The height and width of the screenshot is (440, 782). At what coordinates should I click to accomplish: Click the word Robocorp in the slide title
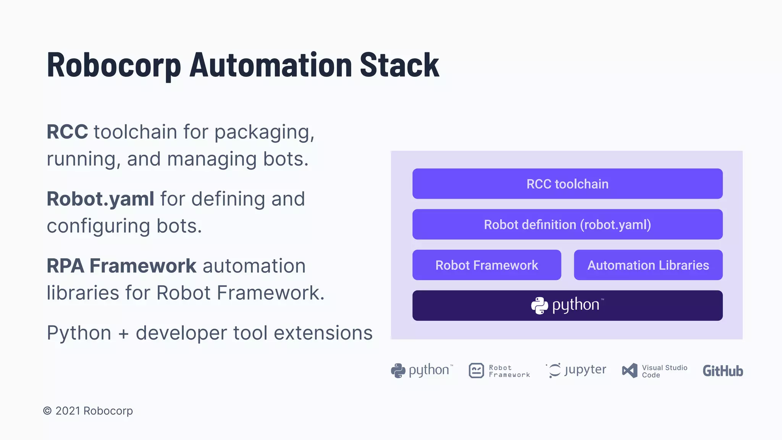tap(114, 66)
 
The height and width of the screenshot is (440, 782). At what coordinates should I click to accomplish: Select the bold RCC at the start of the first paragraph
tap(67, 132)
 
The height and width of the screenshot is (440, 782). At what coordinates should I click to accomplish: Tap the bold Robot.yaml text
tap(100, 199)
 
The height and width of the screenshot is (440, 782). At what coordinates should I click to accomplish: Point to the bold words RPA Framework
tap(121, 266)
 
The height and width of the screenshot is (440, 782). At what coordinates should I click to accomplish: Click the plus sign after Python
tap(123, 333)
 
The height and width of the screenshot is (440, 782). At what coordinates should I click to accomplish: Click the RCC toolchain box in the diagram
tap(567, 184)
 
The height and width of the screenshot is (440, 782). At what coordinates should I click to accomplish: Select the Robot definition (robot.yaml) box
tap(567, 224)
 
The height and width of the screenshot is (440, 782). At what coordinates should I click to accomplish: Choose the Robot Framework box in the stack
tap(486, 265)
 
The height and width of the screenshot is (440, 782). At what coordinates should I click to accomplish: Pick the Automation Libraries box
tap(648, 265)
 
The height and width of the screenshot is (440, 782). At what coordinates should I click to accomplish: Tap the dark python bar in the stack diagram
tap(649, 306)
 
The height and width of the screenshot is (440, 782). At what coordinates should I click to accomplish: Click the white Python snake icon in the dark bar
tap(540, 306)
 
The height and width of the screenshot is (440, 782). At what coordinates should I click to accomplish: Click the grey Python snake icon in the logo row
tap(398, 370)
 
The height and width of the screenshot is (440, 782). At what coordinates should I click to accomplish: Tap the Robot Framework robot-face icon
tap(476, 370)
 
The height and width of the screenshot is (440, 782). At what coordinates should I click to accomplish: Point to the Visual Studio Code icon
tap(630, 370)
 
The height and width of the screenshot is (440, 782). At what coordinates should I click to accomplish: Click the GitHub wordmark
tap(723, 371)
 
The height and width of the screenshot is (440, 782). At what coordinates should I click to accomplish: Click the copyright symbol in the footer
tap(47, 411)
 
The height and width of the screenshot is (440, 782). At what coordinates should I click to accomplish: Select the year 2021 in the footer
tap(68, 411)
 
